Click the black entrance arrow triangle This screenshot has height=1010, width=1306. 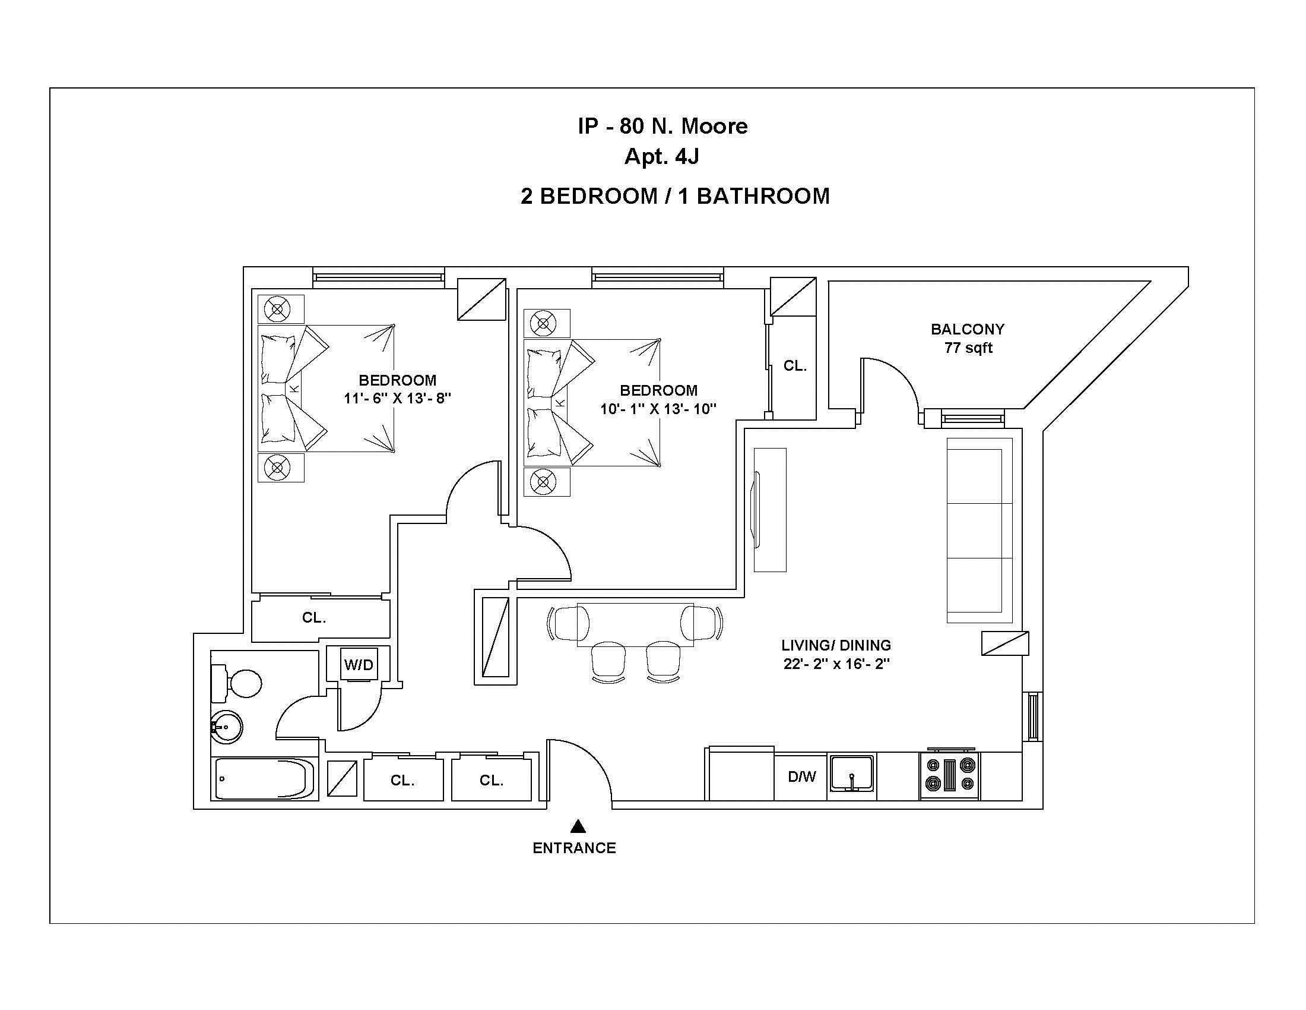tap(578, 826)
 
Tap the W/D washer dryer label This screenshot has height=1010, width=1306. tap(359, 664)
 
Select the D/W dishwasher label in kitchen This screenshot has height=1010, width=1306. tap(801, 777)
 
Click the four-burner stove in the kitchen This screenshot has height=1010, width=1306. tap(950, 775)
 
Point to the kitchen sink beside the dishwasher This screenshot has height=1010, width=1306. tap(852, 775)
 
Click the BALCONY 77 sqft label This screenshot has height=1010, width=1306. tap(968, 338)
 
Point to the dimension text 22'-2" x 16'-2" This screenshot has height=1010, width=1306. tap(836, 664)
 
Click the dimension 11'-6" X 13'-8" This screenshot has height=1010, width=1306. tap(397, 399)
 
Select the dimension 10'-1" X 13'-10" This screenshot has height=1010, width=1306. tap(658, 409)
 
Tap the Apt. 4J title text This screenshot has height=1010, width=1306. tap(662, 157)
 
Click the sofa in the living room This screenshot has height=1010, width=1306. tap(979, 531)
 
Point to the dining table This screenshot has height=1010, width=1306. tap(635, 624)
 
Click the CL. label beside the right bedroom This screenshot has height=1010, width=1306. tap(795, 365)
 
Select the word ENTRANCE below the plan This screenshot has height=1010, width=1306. tap(574, 848)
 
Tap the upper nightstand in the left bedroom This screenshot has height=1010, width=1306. tap(280, 310)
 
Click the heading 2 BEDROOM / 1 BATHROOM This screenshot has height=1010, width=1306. tap(674, 196)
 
